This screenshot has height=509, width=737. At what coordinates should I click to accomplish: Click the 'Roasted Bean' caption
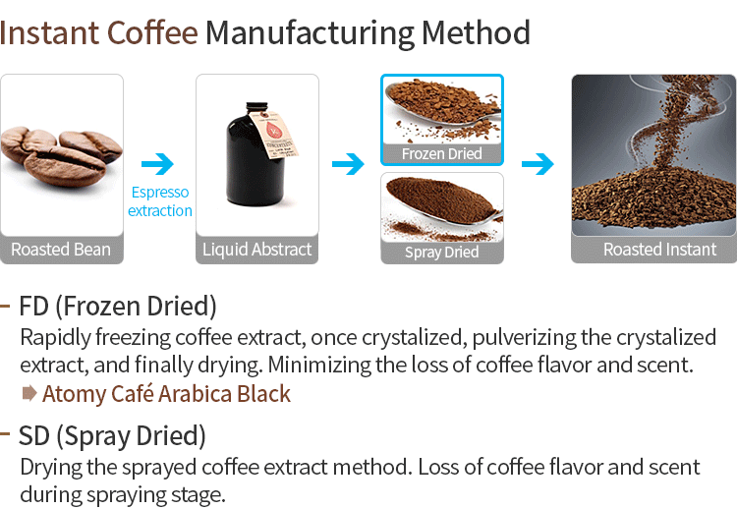[x=61, y=250]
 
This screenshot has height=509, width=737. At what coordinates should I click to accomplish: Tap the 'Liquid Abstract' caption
[x=256, y=250]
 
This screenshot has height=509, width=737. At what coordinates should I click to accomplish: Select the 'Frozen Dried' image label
[x=442, y=154]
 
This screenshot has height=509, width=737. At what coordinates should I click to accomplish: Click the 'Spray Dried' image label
[x=442, y=253]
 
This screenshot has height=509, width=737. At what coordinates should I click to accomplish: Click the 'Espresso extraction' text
[x=159, y=201]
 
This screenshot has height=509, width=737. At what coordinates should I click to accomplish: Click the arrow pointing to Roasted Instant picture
[x=538, y=163]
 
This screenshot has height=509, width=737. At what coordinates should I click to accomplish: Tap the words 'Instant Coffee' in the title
[x=99, y=33]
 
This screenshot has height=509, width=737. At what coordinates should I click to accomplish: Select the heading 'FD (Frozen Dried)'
[x=118, y=305]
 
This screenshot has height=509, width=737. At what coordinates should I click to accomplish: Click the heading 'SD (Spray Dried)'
[x=112, y=433]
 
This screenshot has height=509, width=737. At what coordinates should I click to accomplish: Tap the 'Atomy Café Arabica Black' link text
[x=166, y=394]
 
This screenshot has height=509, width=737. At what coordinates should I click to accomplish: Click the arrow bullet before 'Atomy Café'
[x=28, y=394]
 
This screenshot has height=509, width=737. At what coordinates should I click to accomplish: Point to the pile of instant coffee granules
[x=652, y=197]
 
